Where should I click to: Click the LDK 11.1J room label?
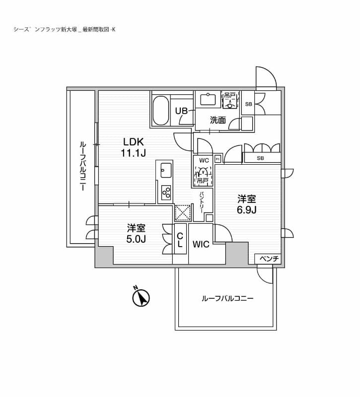click(133, 147)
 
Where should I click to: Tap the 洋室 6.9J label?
click(246, 204)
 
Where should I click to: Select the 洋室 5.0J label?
click(136, 233)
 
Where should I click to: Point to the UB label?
click(182, 111)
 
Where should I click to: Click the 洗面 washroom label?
click(217, 120)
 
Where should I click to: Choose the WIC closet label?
click(201, 244)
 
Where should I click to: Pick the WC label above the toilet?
click(204, 160)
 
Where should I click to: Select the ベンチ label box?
click(268, 259)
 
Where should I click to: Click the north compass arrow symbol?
click(142, 299)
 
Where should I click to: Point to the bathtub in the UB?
click(160, 111)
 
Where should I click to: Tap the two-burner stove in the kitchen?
click(165, 191)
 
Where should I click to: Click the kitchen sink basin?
click(165, 169)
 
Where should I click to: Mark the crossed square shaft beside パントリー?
click(182, 212)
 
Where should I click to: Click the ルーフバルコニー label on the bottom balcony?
click(227, 299)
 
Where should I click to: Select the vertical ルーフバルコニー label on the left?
click(82, 166)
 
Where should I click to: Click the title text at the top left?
click(65, 29)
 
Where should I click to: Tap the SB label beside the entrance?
click(248, 104)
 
